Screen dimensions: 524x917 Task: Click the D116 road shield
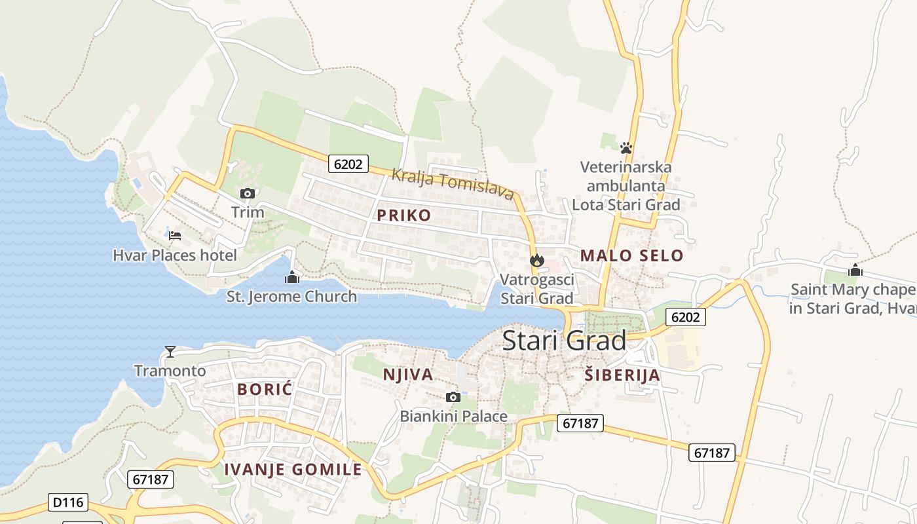(x=68, y=503)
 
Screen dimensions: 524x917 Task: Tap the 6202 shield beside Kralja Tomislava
(x=348, y=164)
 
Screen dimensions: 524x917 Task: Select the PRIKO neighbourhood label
(x=404, y=215)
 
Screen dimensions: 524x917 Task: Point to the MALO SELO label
(x=632, y=255)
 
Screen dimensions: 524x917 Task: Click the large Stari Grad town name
(x=564, y=341)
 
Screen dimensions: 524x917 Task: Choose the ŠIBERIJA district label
(x=622, y=375)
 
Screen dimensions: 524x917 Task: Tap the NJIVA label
(x=408, y=375)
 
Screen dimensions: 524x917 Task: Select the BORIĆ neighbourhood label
(x=265, y=389)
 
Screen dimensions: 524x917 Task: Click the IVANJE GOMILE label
(x=293, y=469)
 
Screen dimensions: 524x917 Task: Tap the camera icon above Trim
(x=248, y=193)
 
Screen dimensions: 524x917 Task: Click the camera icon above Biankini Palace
(x=453, y=397)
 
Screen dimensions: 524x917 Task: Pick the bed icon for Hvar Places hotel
(x=175, y=236)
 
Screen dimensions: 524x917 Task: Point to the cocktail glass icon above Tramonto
(x=170, y=352)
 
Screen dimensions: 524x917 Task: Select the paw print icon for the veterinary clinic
(x=626, y=147)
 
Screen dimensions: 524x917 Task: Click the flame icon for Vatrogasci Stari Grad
(x=537, y=260)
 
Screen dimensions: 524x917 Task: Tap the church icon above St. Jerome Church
(x=292, y=278)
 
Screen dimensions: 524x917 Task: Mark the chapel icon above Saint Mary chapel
(x=855, y=270)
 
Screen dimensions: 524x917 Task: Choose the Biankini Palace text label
(x=453, y=416)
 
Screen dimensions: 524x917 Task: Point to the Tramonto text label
(x=170, y=371)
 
